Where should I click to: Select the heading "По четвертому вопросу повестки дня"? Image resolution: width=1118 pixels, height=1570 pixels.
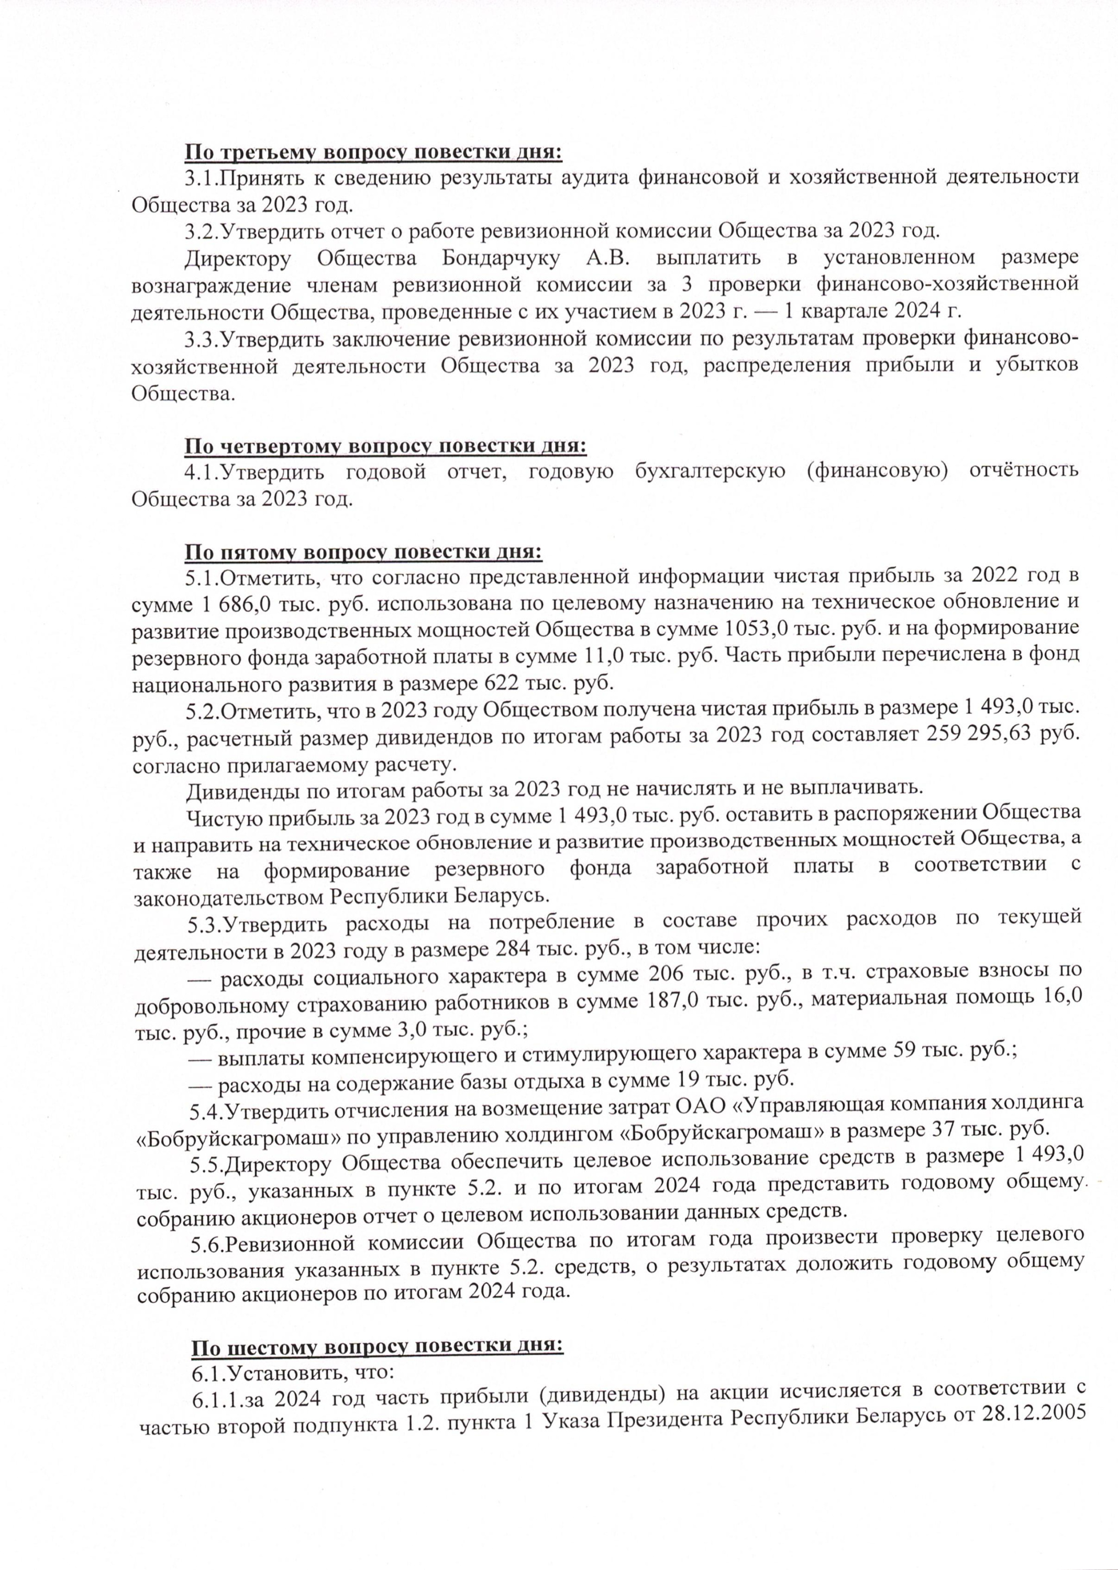coord(385,446)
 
